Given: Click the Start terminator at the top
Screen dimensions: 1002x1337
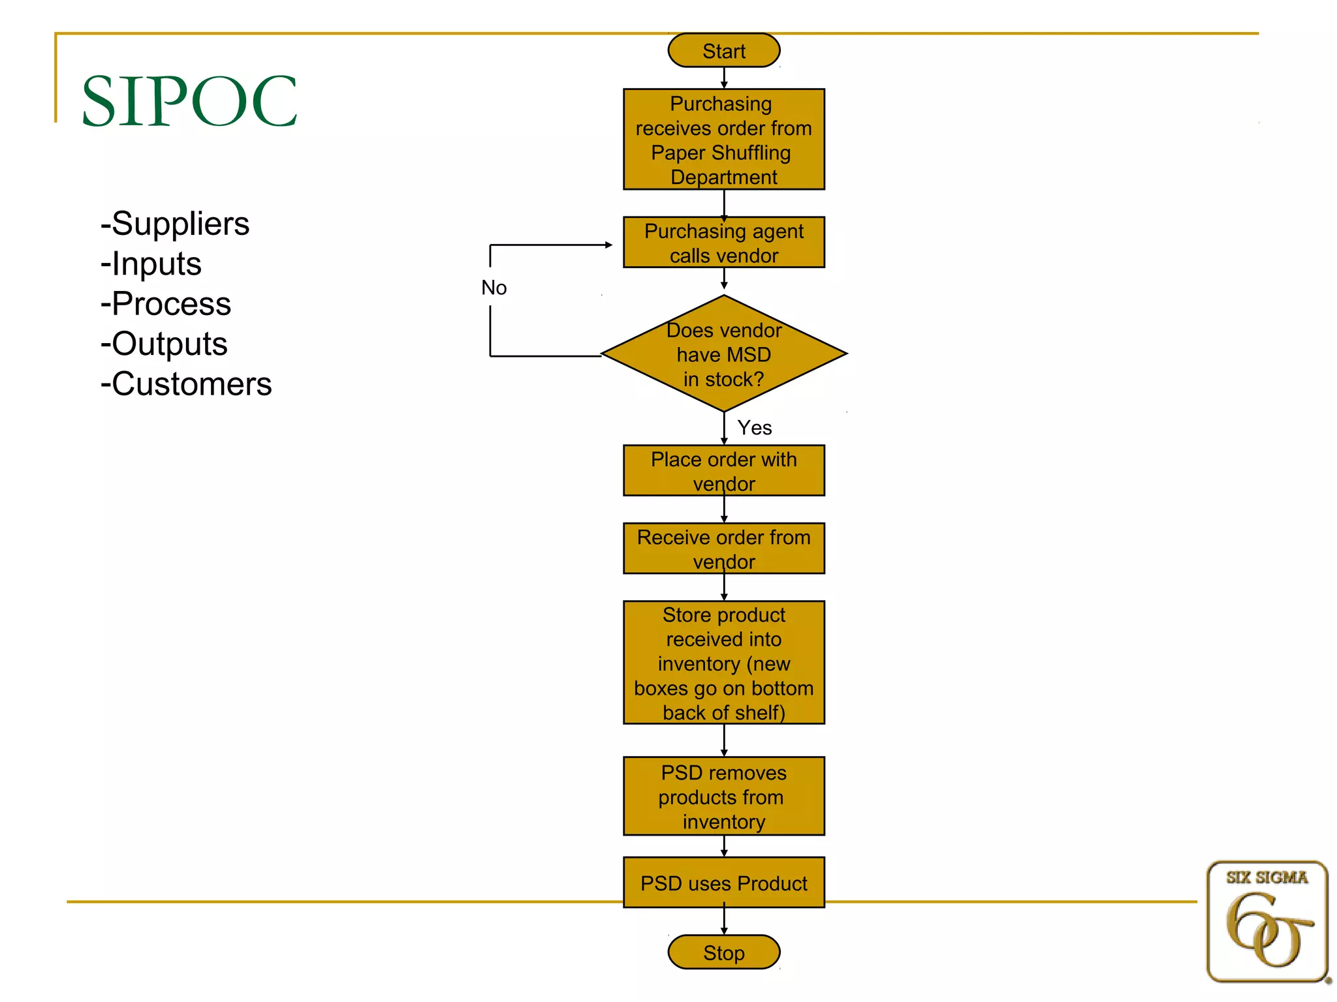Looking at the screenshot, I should coord(723,51).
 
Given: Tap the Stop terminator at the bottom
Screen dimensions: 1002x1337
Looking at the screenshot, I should coord(723,952).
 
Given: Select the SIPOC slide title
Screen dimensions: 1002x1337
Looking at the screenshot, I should coord(189,101).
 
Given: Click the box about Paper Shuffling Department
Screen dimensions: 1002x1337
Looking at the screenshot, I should coord(723,140).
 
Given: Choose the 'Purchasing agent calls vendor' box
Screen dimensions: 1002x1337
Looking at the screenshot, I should coord(723,243).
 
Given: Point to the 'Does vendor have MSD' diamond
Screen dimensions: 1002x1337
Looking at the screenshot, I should coord(723,354).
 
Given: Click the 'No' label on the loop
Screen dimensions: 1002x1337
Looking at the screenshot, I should coord(494,288).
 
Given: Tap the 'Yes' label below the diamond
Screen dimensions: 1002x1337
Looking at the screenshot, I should coord(754,428).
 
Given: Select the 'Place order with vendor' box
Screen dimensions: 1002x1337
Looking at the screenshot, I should coord(723,471).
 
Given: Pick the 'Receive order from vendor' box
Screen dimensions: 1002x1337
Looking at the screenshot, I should coord(723,549).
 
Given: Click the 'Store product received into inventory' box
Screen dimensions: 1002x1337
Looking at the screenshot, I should coord(723,663).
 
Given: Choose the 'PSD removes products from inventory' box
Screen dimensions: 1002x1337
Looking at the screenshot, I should coord(723,797).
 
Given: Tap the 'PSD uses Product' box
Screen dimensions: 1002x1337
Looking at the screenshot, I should coord(723,883).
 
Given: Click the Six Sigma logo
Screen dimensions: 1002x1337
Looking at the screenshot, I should coord(1266,922).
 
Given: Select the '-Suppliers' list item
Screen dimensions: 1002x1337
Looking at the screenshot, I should coord(175,224).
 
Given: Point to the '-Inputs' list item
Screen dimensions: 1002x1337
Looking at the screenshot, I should coord(151,264).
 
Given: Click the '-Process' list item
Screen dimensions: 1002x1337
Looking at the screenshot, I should coord(166,304).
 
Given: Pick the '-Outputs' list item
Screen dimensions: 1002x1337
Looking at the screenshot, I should coord(164,344).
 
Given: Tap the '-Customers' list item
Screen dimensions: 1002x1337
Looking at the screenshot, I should coord(186,384).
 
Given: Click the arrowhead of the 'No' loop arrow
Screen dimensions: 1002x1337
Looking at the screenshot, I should coord(608,245).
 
